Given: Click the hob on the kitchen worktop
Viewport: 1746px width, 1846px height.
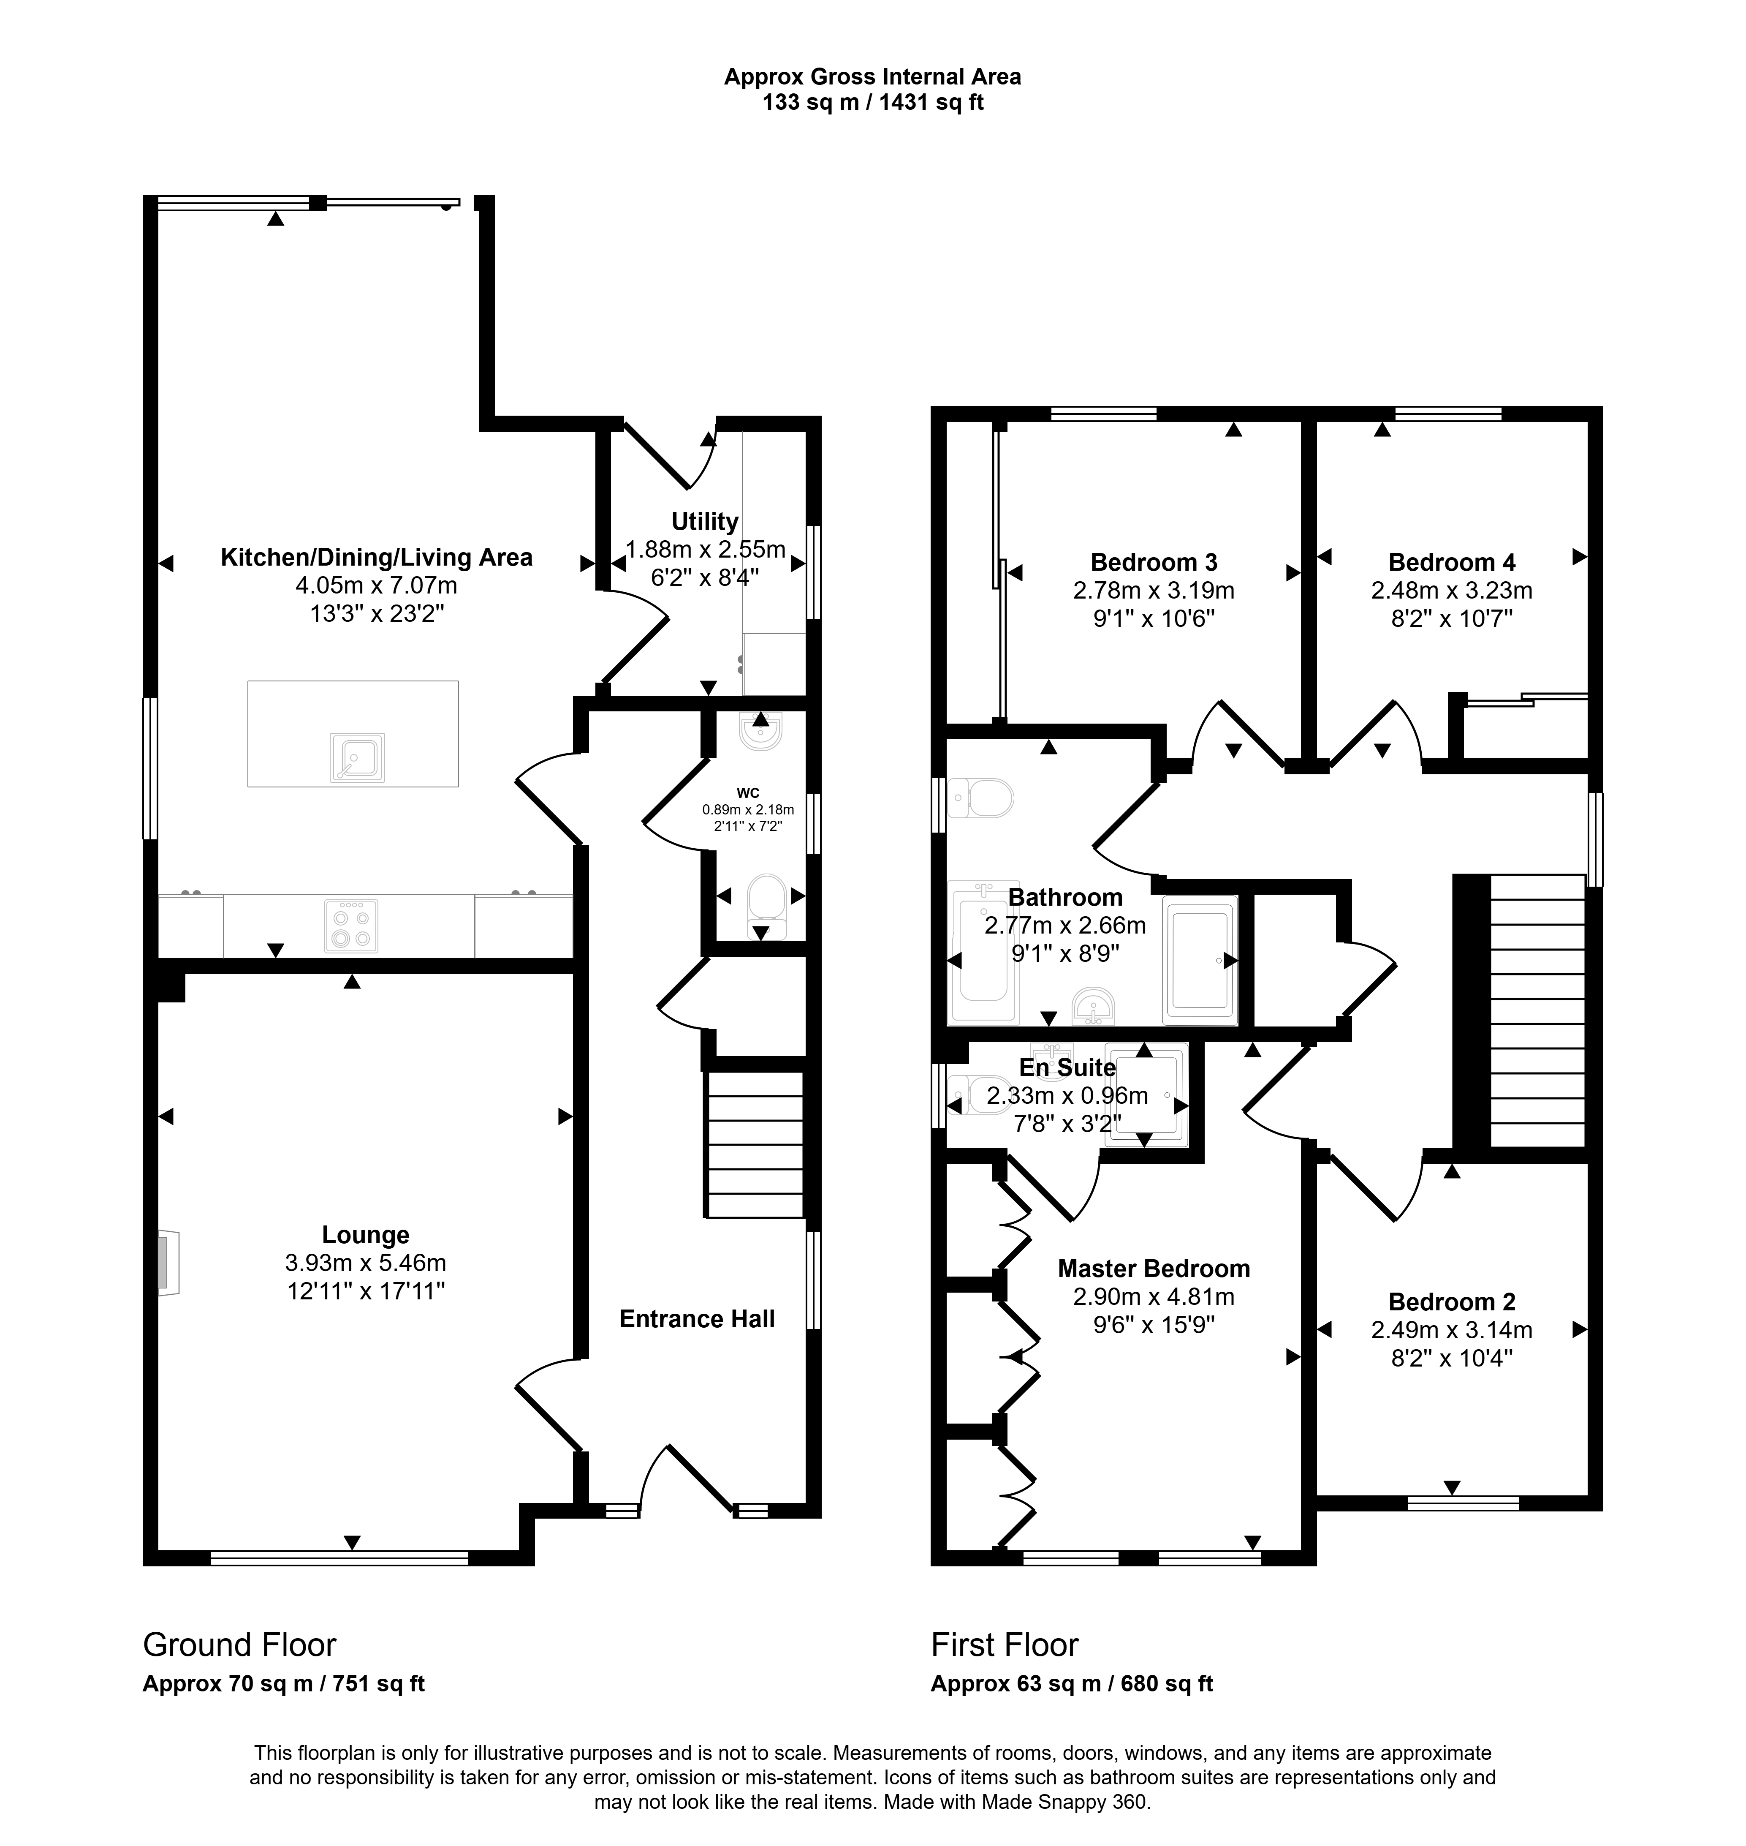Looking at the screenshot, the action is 351,926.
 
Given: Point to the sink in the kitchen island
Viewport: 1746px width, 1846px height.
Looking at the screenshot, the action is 357,757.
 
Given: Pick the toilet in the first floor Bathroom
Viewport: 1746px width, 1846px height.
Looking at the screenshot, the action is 980,798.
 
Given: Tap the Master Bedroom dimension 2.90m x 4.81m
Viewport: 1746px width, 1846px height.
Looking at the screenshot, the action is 1153,1296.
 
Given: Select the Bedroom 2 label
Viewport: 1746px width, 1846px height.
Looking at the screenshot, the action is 1452,1301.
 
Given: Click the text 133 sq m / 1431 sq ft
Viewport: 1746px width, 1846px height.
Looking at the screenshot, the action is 873,102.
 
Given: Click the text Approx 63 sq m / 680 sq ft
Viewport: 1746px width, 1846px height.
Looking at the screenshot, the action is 1072,1683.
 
